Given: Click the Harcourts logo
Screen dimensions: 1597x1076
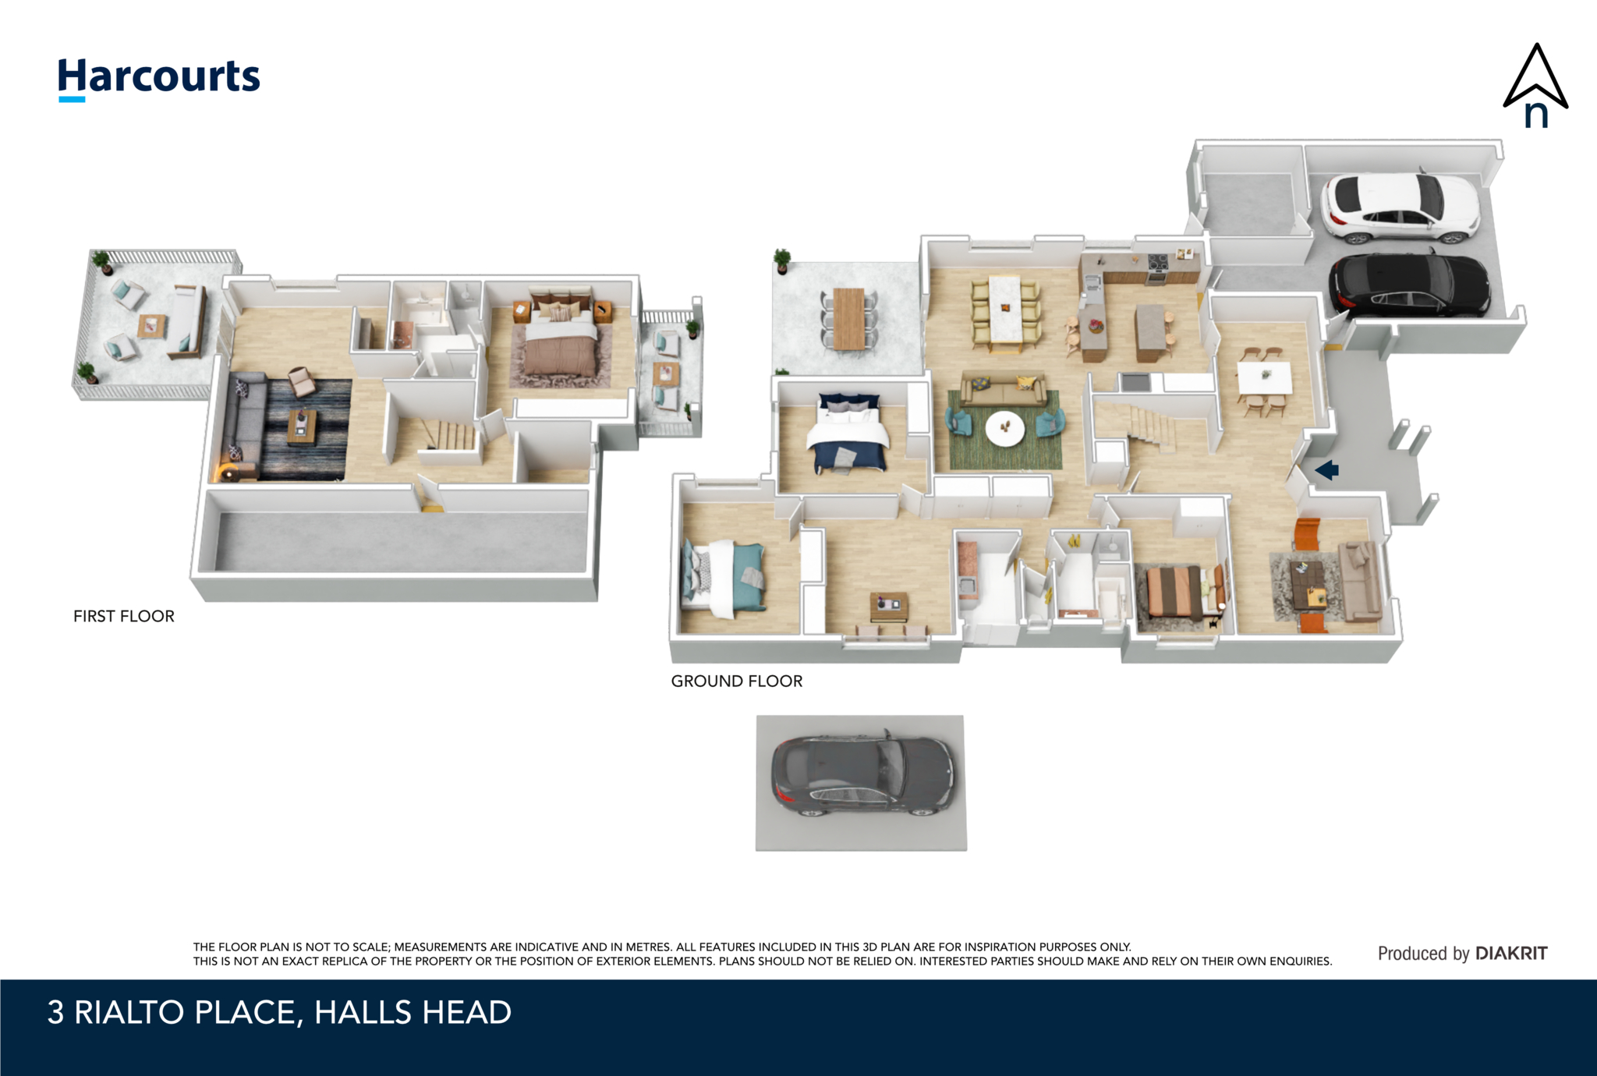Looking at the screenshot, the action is [159, 79].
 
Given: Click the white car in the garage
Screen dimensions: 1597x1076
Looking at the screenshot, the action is [1401, 207].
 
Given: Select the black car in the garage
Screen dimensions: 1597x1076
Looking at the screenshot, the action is [1408, 285].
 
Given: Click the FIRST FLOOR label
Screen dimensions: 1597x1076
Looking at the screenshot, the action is [124, 616].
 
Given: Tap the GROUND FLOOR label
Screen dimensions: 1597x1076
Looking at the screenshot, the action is [737, 681].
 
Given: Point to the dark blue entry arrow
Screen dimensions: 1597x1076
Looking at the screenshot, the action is [1326, 469].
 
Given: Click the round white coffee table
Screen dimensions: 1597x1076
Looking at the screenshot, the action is [1005, 428].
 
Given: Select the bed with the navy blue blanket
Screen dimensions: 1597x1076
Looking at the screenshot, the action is [848, 434].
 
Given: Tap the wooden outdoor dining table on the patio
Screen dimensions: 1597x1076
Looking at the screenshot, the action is [849, 318].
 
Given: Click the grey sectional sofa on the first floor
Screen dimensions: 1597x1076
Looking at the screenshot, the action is [243, 426].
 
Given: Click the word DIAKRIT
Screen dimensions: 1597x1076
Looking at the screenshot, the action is [1511, 953].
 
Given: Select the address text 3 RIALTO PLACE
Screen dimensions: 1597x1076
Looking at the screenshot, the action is [172, 1012].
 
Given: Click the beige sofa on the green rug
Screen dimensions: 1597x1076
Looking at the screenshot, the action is [1003, 387].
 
